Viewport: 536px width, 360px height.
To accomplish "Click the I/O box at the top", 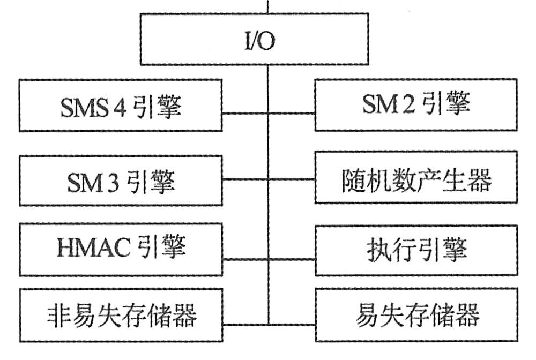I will click(x=255, y=39).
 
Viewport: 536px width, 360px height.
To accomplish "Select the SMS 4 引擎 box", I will click(x=121, y=106).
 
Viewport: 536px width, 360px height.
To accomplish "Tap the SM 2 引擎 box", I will click(x=415, y=104).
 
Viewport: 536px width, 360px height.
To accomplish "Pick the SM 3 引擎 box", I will click(x=121, y=181).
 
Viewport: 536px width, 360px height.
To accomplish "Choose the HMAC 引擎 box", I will click(x=121, y=250).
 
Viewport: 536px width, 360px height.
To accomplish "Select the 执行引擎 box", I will click(x=415, y=250).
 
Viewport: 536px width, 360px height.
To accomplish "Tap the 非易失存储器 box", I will click(x=121, y=316).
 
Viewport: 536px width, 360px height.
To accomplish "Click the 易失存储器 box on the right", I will click(x=415, y=316).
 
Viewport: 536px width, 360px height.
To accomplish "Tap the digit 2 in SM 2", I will click(x=410, y=104).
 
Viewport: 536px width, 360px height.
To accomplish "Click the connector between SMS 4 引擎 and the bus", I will click(x=244, y=113).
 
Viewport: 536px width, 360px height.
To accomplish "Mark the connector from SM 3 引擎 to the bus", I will click(x=244, y=178).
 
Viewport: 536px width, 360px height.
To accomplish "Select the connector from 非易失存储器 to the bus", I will click(x=244, y=324).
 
